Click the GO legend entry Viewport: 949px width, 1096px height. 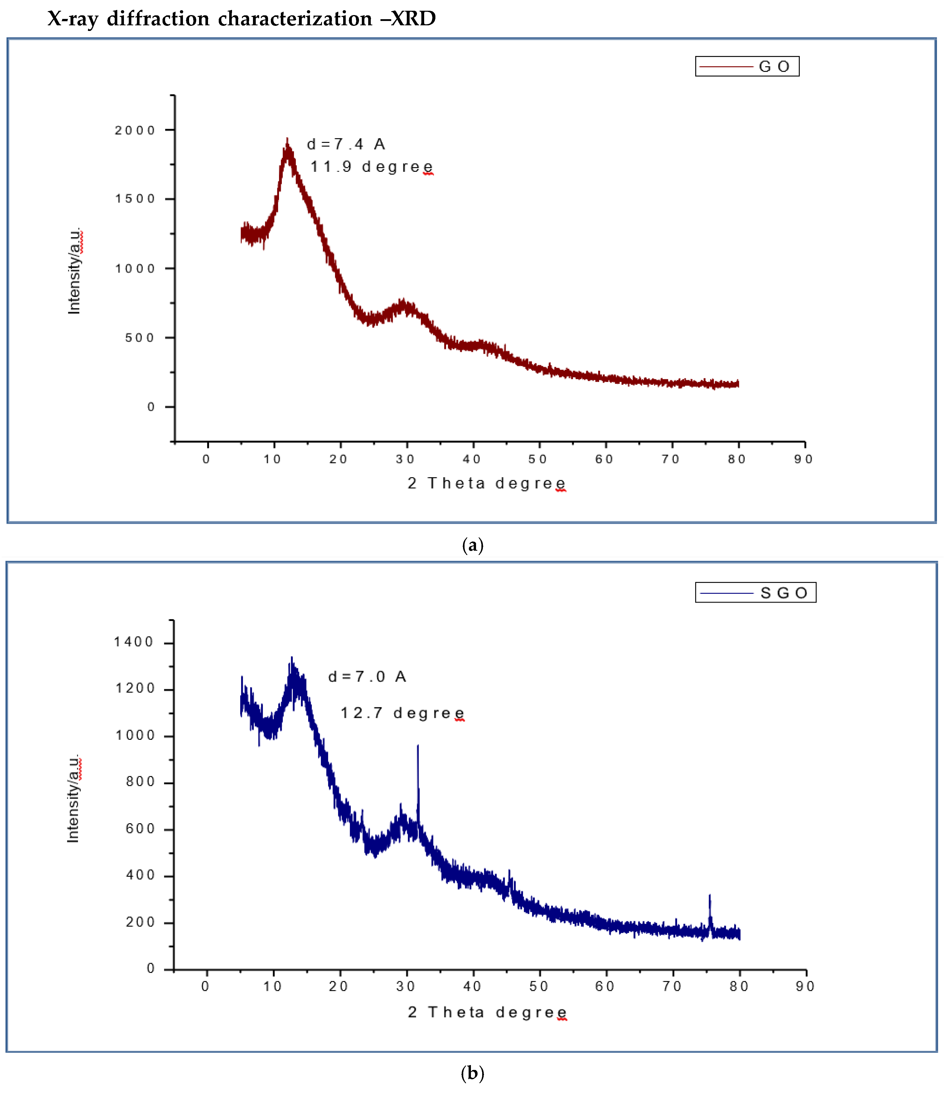[x=747, y=66]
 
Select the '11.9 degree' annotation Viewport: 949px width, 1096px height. [x=371, y=167]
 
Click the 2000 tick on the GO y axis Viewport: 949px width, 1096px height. [x=135, y=130]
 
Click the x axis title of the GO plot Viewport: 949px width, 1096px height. [x=486, y=483]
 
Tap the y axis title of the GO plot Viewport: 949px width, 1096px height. [x=74, y=271]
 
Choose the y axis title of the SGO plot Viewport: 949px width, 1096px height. [x=73, y=798]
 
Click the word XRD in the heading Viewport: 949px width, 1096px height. [x=414, y=19]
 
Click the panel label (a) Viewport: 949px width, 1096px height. [x=472, y=545]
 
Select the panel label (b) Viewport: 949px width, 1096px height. [x=472, y=1073]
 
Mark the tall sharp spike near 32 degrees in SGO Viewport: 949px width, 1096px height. [x=418, y=747]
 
